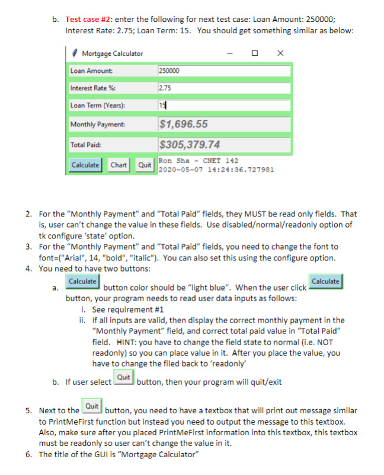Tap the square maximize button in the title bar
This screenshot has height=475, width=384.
[x=255, y=53]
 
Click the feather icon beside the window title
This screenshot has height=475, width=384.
[x=74, y=53]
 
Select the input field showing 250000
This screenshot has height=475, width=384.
[x=225, y=71]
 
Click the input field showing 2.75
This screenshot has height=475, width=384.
[x=225, y=88]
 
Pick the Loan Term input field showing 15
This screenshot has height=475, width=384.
[x=225, y=106]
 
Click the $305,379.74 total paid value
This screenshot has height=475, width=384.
[x=190, y=145]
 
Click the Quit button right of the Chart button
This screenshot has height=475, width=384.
[x=144, y=164]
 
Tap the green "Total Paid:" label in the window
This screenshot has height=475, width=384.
[x=82, y=145]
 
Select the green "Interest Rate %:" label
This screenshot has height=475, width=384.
[x=89, y=88]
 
